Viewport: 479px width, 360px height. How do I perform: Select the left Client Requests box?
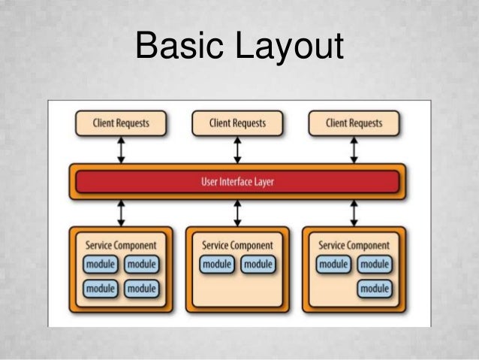pos(121,123)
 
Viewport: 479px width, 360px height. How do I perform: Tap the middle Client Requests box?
pos(237,123)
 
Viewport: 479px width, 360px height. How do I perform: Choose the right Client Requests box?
pos(354,123)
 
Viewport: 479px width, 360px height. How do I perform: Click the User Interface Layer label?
pos(236,181)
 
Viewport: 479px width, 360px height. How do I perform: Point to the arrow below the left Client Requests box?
pos(121,150)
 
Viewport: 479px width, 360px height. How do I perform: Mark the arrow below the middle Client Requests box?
pos(237,150)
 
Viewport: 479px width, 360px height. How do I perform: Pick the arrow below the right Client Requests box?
pos(354,150)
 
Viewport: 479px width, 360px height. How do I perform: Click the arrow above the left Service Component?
pos(121,213)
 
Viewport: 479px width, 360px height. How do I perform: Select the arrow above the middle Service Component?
pos(237,213)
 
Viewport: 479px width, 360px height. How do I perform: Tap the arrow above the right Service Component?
pos(354,213)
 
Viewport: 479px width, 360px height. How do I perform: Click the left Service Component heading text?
pos(121,245)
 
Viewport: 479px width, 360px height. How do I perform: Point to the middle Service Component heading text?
pos(237,245)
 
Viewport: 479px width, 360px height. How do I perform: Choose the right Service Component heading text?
pos(354,245)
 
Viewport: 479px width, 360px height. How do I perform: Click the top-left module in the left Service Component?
pos(101,265)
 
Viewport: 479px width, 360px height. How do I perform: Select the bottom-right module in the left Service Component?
pos(141,289)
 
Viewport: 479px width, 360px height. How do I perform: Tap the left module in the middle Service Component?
pos(217,265)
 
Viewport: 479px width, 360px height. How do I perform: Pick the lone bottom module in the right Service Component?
pos(374,289)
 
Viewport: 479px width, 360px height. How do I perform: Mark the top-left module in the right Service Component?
pos(333,265)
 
